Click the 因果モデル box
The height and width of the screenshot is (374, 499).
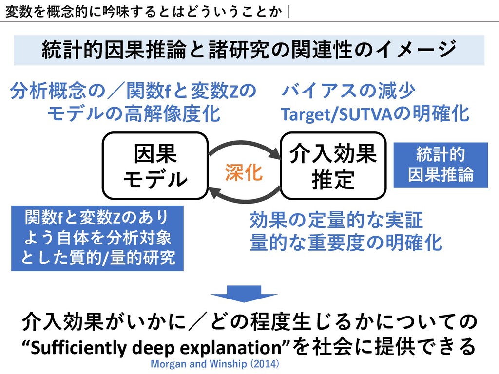pyautogui.click(x=154, y=166)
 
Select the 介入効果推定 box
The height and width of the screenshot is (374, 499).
pyautogui.click(x=333, y=166)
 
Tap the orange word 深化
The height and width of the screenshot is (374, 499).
pyautogui.click(x=244, y=172)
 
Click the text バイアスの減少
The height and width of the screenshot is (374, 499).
pyautogui.click(x=348, y=91)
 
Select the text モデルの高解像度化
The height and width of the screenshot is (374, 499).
pyautogui.click(x=133, y=114)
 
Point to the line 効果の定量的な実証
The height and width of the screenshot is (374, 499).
pyautogui.click(x=336, y=221)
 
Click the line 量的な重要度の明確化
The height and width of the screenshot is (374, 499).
pyautogui.click(x=345, y=242)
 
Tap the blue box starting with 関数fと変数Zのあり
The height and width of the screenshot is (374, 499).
pyautogui.click(x=97, y=238)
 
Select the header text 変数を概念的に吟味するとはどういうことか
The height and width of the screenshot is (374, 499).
pyautogui.click(x=144, y=10)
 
